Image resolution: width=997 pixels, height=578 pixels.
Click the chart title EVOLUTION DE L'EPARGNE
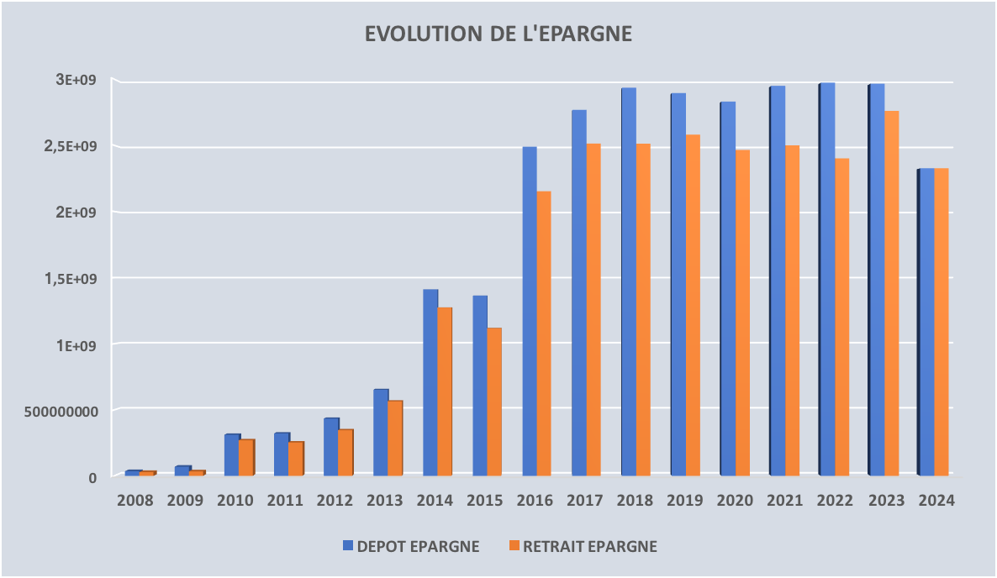coord(498,34)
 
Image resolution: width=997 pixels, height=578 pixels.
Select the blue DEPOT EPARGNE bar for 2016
coord(530,311)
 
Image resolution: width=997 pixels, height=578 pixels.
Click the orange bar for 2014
coord(446,391)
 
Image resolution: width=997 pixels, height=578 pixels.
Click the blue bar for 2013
coord(381,432)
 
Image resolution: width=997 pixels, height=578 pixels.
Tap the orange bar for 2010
coord(246,457)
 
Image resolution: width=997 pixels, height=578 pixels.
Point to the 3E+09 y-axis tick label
coord(77,81)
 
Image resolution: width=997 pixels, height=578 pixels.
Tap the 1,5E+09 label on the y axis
coord(71,278)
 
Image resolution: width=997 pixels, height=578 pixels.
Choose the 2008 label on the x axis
coord(135,501)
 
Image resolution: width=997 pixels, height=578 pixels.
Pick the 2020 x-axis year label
coord(734,501)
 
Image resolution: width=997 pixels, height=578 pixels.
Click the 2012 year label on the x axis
coord(335,501)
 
